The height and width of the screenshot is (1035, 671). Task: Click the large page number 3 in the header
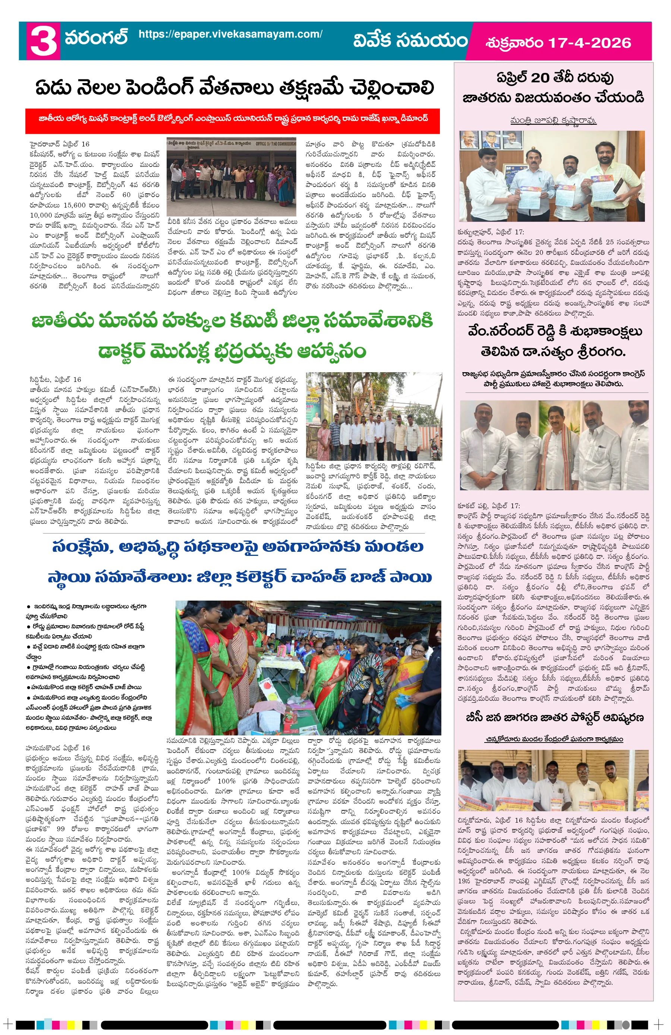click(43, 41)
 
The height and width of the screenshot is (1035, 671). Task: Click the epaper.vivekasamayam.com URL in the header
click(230, 34)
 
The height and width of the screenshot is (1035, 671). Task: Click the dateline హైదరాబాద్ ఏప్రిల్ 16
click(60, 144)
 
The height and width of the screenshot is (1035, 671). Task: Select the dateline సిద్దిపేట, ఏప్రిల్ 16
click(55, 379)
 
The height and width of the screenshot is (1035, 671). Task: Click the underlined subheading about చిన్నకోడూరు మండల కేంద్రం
click(554, 739)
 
